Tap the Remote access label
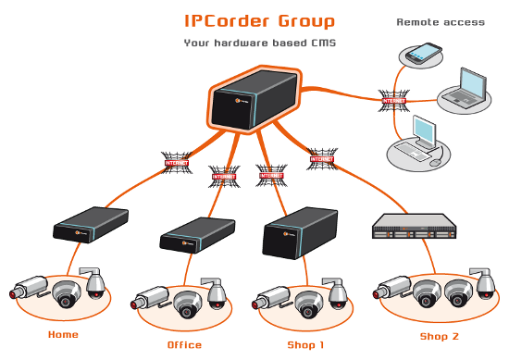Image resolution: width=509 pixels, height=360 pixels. (440, 21)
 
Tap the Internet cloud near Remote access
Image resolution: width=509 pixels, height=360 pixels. (394, 100)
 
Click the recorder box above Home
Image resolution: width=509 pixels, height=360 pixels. (90, 229)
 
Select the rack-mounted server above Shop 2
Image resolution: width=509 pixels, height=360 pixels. (414, 229)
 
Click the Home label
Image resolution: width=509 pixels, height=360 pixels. (63, 334)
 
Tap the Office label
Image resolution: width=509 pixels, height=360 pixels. (184, 345)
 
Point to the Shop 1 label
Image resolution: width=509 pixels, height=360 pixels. (305, 344)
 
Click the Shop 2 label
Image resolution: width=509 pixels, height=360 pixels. (439, 336)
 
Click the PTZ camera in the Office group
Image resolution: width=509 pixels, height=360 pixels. (217, 292)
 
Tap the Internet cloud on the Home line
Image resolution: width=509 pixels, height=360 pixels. (176, 161)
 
